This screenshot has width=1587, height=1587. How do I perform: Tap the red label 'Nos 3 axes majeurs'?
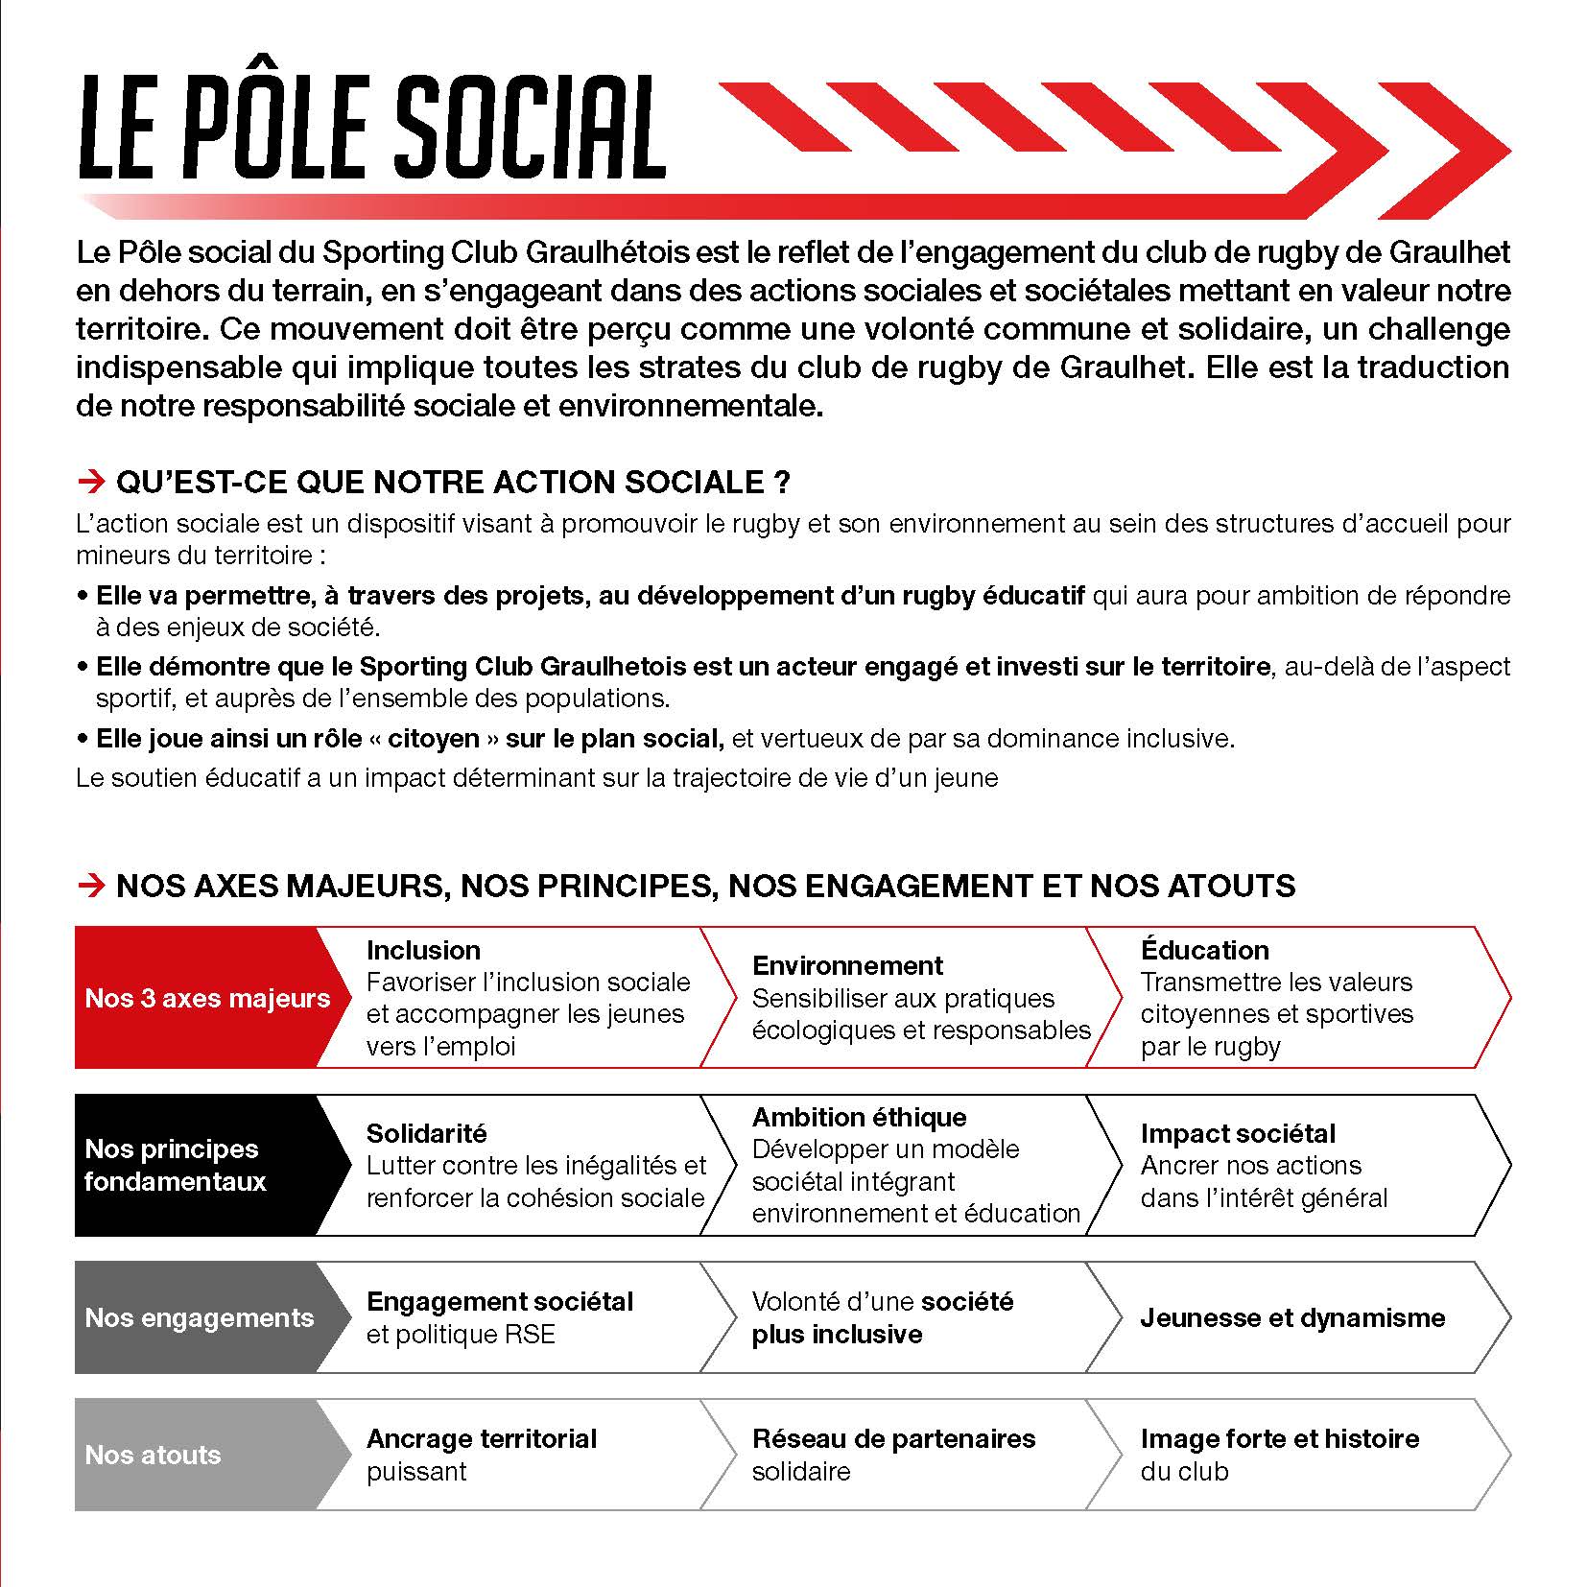pyautogui.click(x=206, y=998)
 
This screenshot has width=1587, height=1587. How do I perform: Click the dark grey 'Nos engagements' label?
pyautogui.click(x=199, y=1317)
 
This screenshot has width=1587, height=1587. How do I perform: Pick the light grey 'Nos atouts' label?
pyautogui.click(x=153, y=1455)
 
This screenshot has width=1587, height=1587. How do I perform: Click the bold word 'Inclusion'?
pyautogui.click(x=423, y=950)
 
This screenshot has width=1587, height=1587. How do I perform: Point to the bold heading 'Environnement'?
pyautogui.click(x=847, y=965)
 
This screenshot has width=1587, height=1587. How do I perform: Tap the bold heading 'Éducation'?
pyautogui.click(x=1204, y=950)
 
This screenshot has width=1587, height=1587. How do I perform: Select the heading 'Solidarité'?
pyautogui.click(x=426, y=1133)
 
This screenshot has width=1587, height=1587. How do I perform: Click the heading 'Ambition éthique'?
pyautogui.click(x=859, y=1117)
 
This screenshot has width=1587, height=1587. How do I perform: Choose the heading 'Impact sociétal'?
pyautogui.click(x=1238, y=1133)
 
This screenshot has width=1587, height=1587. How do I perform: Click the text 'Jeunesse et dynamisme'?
pyautogui.click(x=1292, y=1317)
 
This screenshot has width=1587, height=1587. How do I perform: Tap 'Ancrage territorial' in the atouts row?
pyautogui.click(x=481, y=1438)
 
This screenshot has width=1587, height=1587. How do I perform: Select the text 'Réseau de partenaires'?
pyautogui.click(x=893, y=1438)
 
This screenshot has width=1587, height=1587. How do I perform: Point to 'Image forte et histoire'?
pyautogui.click(x=1279, y=1438)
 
